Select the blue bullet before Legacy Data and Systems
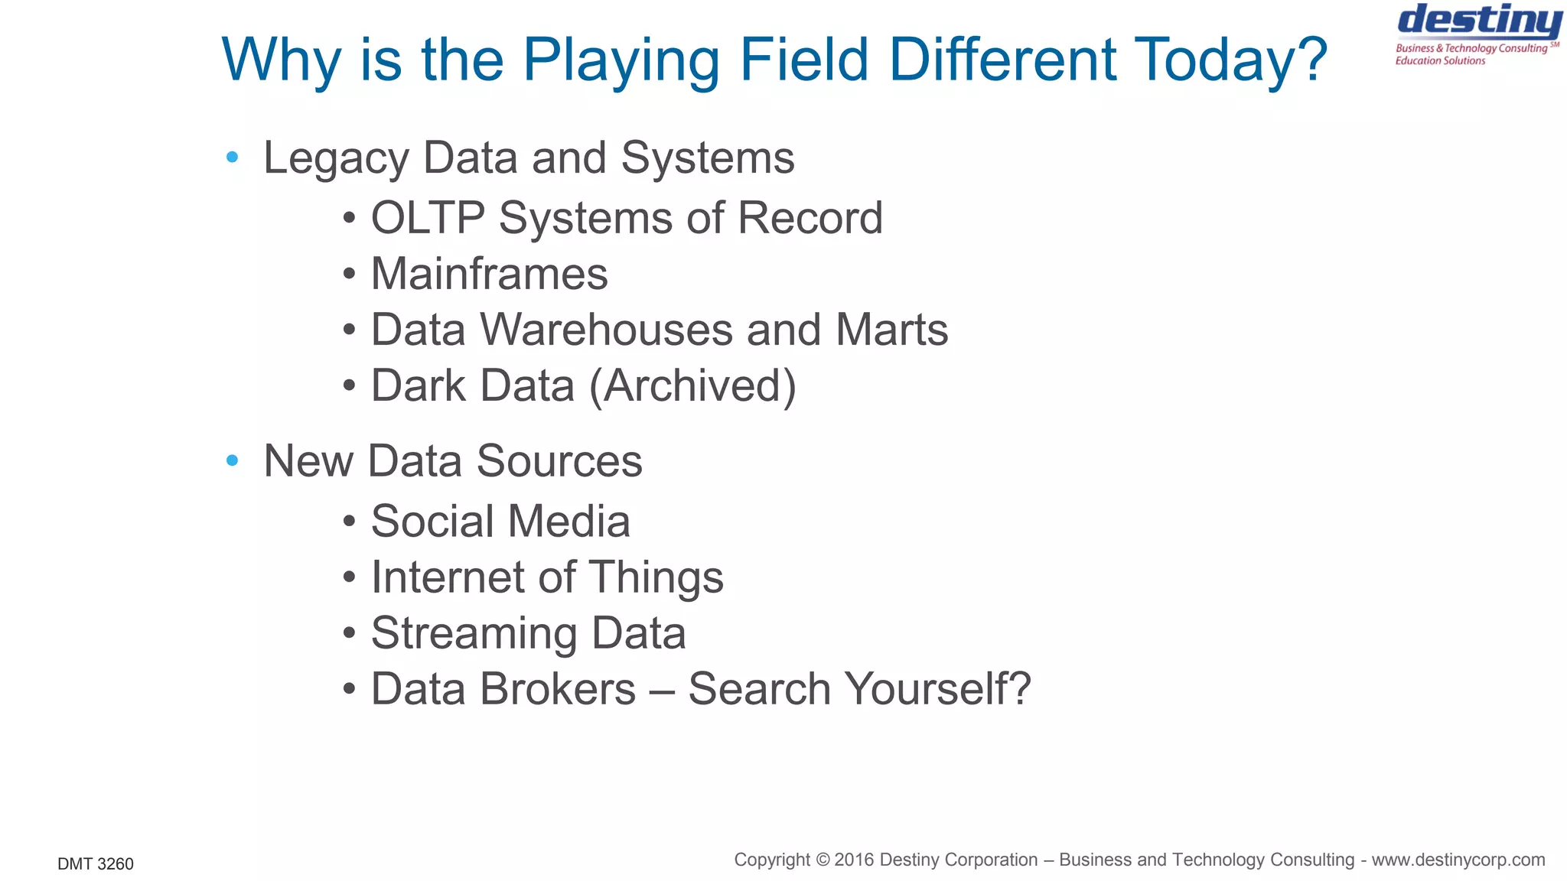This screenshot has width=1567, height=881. click(233, 158)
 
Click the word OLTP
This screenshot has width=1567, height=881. click(428, 218)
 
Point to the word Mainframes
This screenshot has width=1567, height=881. click(489, 274)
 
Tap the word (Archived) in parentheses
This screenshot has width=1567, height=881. click(692, 385)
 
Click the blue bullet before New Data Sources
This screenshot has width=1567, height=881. click(233, 460)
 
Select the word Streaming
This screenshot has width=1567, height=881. click(474, 634)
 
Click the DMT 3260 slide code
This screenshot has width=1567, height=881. click(96, 864)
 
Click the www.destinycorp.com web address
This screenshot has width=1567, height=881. click(1458, 860)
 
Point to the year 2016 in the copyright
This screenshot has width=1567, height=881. click(855, 860)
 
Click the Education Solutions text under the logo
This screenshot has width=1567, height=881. click(1440, 61)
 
